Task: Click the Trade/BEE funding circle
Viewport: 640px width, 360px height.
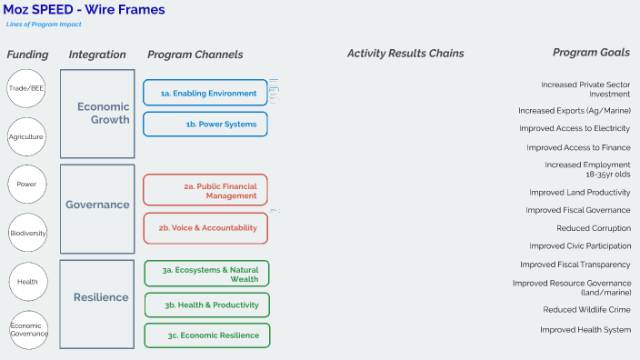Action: (x=26, y=88)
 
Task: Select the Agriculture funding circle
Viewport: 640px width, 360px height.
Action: (x=26, y=136)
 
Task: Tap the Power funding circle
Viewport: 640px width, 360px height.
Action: (x=26, y=185)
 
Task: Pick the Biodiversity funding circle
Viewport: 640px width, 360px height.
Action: (x=27, y=233)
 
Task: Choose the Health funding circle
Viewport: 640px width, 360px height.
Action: (x=27, y=282)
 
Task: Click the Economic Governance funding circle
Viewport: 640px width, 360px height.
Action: (x=27, y=329)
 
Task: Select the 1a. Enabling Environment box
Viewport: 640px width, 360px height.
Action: (x=205, y=93)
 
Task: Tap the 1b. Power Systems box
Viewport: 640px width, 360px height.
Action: (x=205, y=124)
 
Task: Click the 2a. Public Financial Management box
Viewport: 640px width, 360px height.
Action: (x=205, y=190)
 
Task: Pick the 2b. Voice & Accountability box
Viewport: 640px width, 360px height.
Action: (x=205, y=228)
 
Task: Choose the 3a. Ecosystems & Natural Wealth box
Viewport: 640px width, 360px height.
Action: (x=207, y=274)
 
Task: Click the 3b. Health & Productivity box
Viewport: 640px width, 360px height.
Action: (x=207, y=305)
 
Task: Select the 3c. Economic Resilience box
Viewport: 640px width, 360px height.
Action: (x=207, y=335)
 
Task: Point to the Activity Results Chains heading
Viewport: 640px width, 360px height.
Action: (x=405, y=54)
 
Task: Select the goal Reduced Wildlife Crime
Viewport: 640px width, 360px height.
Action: (x=586, y=310)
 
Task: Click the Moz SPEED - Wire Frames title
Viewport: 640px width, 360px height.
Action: (x=85, y=9)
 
